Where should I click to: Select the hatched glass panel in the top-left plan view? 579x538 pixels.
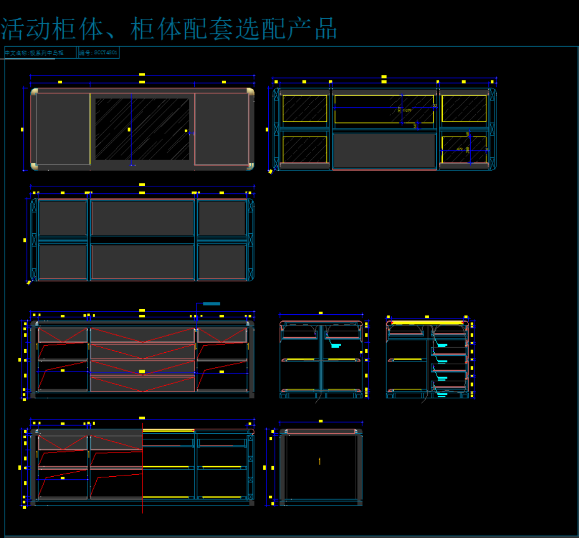[x=142, y=129]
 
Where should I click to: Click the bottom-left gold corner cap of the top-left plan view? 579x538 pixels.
[x=34, y=167]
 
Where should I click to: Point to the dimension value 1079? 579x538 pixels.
[x=407, y=110]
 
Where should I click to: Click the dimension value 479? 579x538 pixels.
[x=460, y=149]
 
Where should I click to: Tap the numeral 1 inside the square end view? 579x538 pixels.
[x=319, y=461]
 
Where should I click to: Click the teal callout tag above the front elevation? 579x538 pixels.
[x=212, y=304]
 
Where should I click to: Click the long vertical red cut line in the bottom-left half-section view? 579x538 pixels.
[x=143, y=471]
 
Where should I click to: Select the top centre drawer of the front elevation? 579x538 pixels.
[x=142, y=335]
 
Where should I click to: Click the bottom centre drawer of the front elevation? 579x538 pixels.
[x=142, y=384]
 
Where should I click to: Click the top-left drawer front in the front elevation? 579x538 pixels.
[x=63, y=335]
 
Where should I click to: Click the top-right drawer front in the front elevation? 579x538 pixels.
[x=222, y=335]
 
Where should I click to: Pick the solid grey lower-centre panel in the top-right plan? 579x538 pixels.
[x=385, y=150]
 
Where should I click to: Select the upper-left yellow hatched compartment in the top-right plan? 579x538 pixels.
[x=305, y=109]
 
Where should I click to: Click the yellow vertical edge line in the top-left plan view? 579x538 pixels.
[x=90, y=129]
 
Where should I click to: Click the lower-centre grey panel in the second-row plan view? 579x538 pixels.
[x=142, y=262]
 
